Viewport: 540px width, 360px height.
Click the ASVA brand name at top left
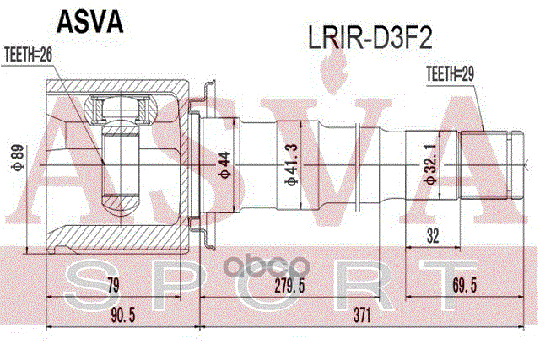(89, 22)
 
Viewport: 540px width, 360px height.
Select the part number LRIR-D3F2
(370, 39)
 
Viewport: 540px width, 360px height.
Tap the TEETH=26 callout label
(28, 55)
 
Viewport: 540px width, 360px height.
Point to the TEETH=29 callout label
(450, 73)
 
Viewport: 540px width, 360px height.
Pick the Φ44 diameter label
(224, 164)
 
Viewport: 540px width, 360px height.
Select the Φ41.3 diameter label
(293, 164)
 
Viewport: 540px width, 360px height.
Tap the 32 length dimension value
(433, 236)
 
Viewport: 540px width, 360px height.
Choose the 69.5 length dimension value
(465, 285)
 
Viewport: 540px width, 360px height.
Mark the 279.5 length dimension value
(289, 285)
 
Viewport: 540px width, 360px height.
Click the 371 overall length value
(362, 315)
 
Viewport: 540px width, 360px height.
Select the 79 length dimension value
(113, 285)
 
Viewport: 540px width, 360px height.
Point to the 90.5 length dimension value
(123, 315)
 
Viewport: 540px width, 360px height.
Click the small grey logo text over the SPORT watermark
(267, 266)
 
